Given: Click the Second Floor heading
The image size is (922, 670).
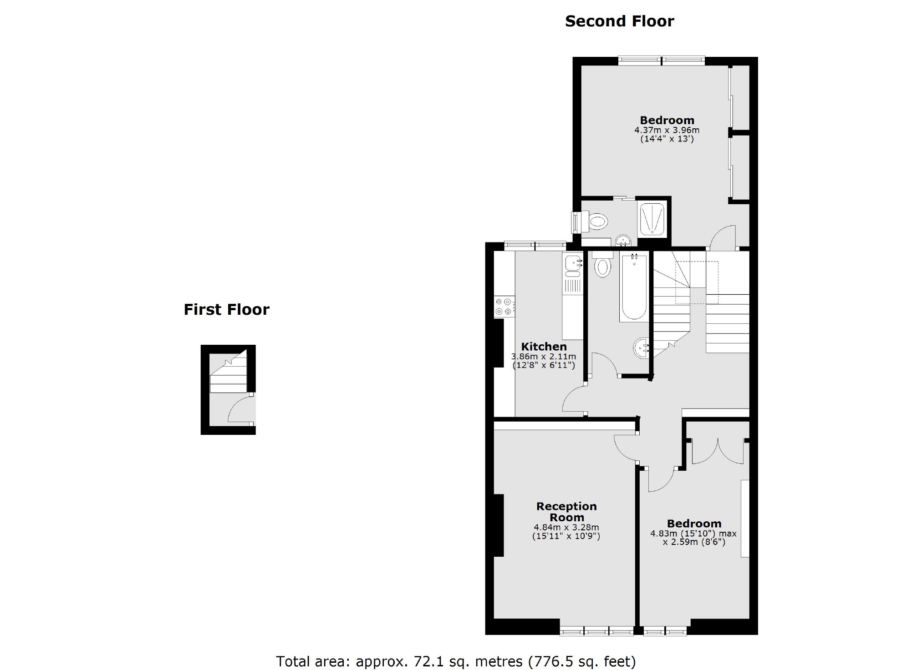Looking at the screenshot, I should point(619,21).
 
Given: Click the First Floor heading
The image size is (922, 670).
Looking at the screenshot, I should point(226,310).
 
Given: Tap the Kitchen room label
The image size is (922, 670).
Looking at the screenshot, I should point(544,346).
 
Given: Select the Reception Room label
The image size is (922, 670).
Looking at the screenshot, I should point(566,512).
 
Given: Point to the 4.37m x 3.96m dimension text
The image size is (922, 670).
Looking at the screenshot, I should point(667,130).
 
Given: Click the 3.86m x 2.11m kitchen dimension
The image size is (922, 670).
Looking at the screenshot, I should point(544,357).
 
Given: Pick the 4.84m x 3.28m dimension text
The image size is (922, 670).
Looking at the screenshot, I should point(566,528).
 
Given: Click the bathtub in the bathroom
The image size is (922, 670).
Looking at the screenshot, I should point(633,287).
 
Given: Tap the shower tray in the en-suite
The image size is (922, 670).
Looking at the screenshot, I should point(653,219).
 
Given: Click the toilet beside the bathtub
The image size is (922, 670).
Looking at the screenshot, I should point(603,266).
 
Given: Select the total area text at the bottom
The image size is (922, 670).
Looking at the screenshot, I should point(456,661).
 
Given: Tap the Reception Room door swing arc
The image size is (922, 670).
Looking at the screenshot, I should point(626,448).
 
